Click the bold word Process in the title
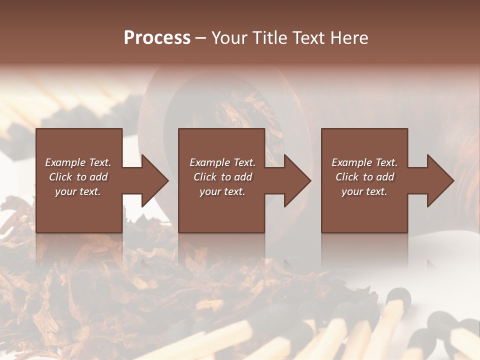pyautogui.click(x=157, y=38)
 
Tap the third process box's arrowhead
pyautogui.click(x=439, y=181)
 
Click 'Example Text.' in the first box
pyautogui.click(x=78, y=162)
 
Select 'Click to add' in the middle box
pyautogui.click(x=222, y=177)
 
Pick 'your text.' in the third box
pyautogui.click(x=364, y=191)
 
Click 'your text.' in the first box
pyautogui.click(x=78, y=191)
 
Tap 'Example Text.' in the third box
pyautogui.click(x=364, y=162)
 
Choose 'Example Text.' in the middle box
pyautogui.click(x=222, y=162)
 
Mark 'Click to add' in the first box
pyautogui.click(x=78, y=177)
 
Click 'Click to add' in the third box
pyautogui.click(x=364, y=177)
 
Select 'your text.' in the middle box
pyautogui.click(x=222, y=191)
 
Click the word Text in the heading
pyautogui.click(x=308, y=38)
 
